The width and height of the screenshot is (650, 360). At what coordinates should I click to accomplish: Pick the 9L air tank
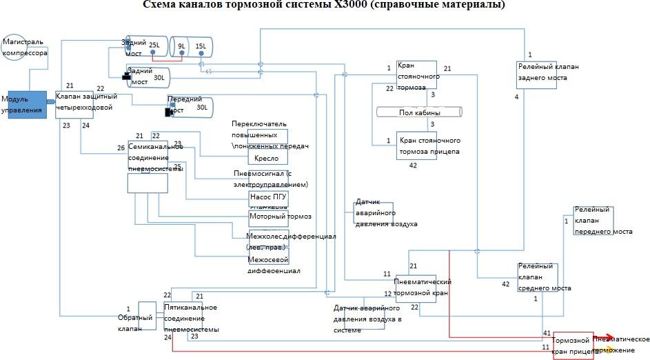click(182, 48)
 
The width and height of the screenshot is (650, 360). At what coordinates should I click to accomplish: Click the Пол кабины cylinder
click(419, 112)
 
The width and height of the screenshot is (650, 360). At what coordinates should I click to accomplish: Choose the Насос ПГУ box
click(268, 198)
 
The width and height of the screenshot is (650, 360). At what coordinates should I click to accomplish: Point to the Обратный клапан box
click(148, 318)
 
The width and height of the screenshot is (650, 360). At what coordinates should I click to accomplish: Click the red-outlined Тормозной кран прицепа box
click(573, 345)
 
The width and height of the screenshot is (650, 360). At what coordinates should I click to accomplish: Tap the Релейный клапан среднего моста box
click(538, 279)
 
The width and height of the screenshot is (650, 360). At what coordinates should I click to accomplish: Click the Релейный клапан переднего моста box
click(592, 221)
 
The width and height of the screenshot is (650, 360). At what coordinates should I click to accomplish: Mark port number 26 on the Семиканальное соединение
click(121, 148)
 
